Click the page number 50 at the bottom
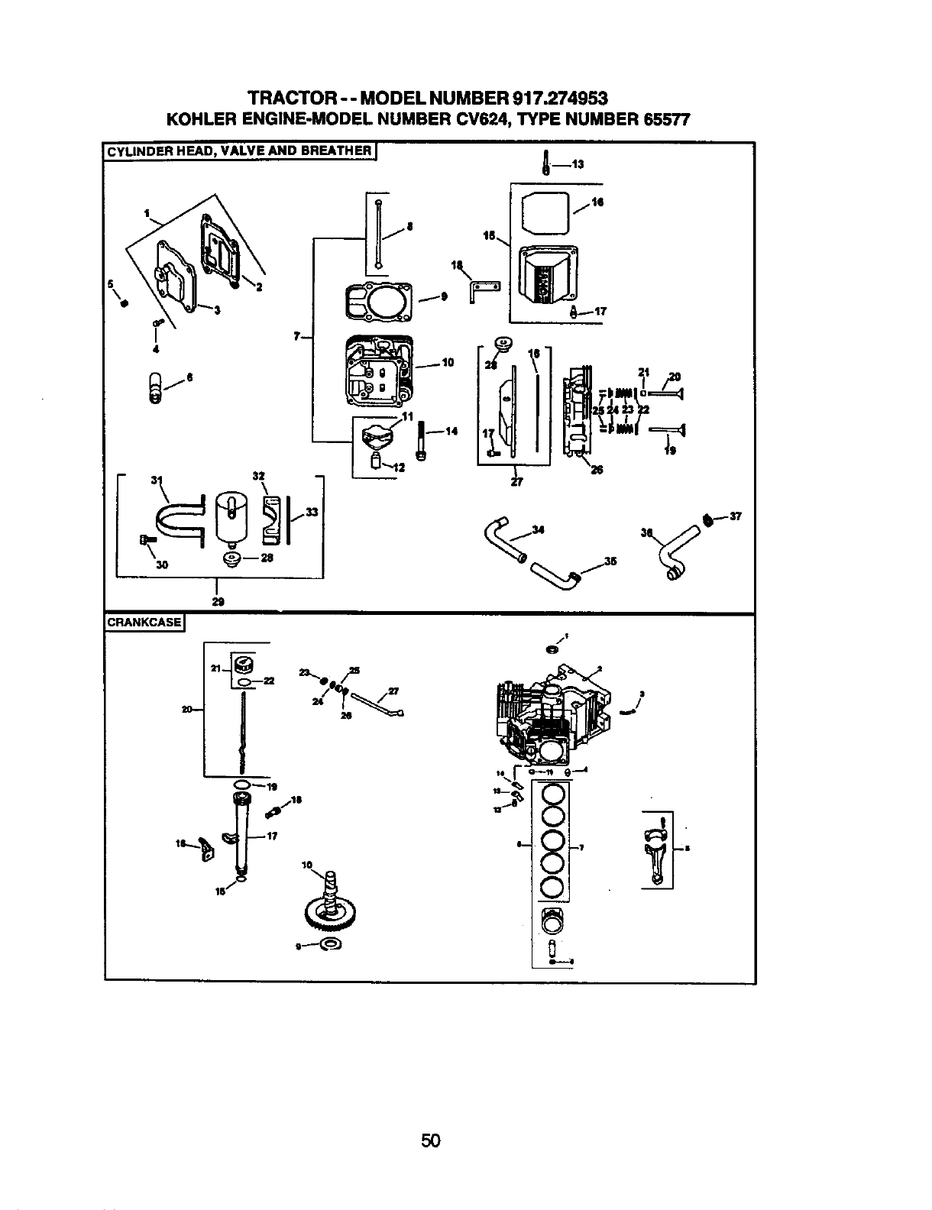[x=431, y=1141]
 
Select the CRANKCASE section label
[x=144, y=621]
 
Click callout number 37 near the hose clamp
[x=736, y=517]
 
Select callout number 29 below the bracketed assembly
[x=218, y=601]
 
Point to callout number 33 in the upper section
[x=310, y=513]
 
